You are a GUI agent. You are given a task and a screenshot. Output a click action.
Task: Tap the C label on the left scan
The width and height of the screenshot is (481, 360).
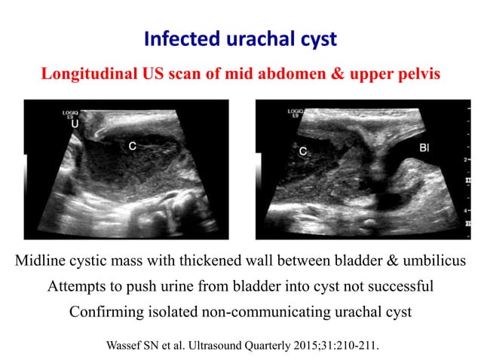pyautogui.click(x=132, y=147)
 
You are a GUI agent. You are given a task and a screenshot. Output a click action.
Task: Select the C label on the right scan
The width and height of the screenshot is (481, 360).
pyautogui.click(x=302, y=151)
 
